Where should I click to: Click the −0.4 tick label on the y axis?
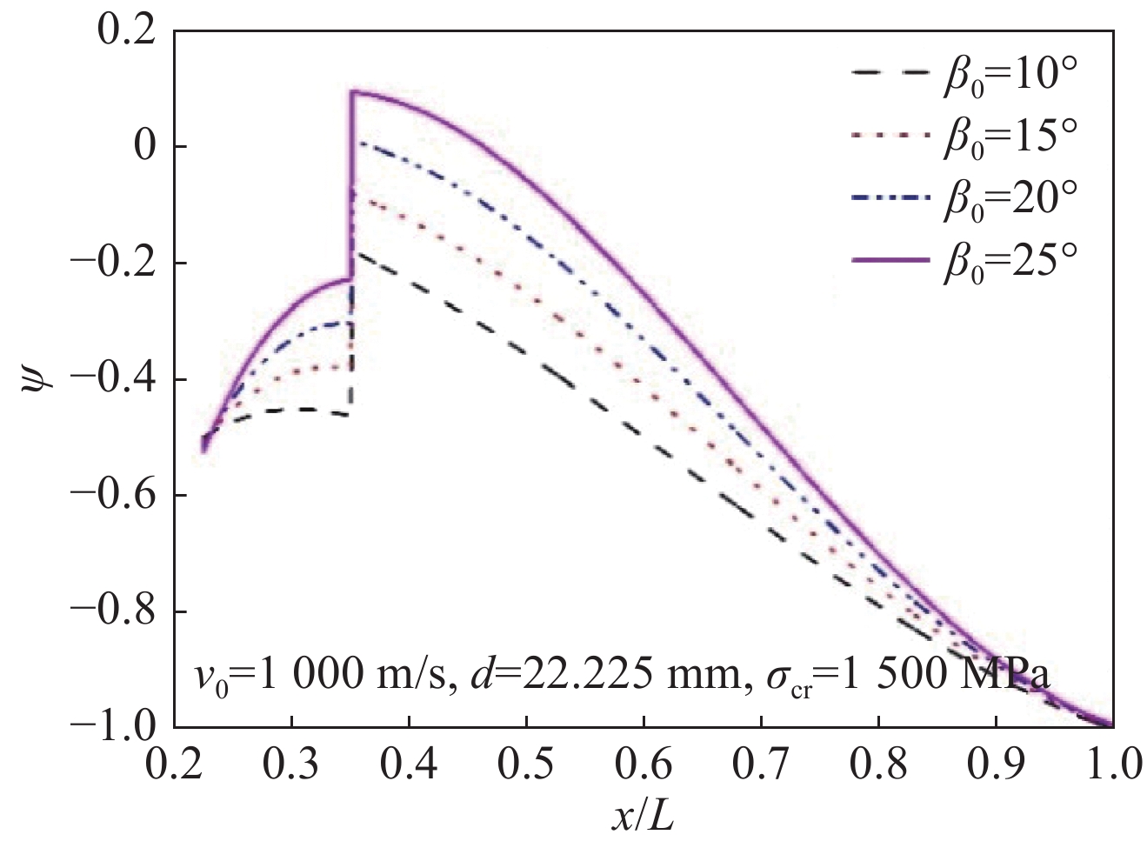(113, 379)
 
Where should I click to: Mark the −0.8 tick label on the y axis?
(113, 611)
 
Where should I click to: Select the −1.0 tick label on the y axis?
(113, 725)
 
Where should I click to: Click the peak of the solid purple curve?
(352, 91)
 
